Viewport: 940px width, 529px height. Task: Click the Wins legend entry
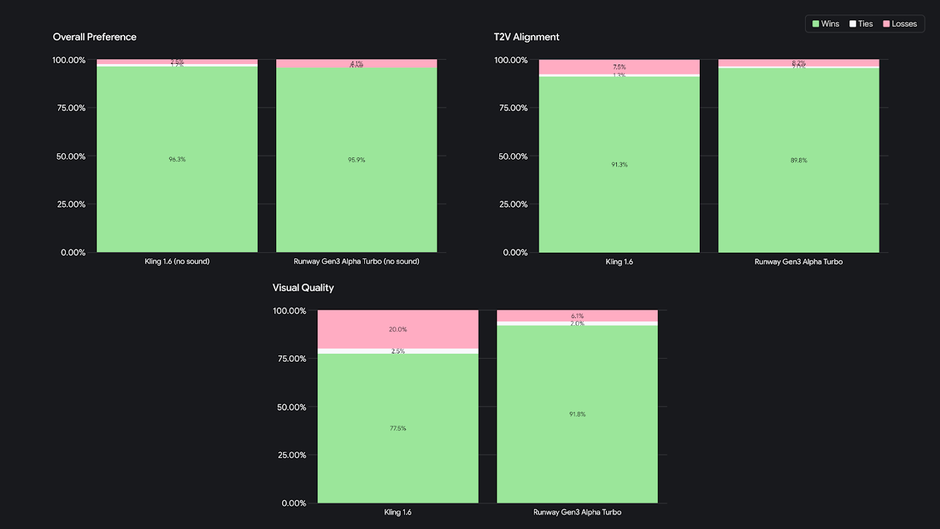click(826, 24)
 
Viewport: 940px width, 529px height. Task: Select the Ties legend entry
click(861, 24)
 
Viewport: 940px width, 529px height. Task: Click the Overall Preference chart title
click(95, 37)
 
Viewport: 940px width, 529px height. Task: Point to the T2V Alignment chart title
click(526, 37)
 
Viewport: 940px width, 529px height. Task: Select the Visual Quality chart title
click(303, 288)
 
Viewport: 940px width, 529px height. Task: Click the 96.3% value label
click(177, 159)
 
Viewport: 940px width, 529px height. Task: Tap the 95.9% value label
click(356, 160)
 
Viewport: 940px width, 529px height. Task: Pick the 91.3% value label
click(619, 165)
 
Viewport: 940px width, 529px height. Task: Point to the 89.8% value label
click(798, 161)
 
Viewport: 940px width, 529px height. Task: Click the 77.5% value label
click(398, 428)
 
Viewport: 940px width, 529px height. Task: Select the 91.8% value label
click(577, 414)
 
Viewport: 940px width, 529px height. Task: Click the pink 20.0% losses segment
click(398, 330)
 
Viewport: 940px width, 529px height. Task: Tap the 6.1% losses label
click(577, 316)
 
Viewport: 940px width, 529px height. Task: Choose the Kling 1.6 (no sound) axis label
click(177, 262)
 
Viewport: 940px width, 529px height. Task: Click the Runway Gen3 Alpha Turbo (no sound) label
click(356, 262)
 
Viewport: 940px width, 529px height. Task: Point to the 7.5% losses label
click(619, 67)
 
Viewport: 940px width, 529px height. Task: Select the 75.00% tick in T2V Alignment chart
click(510, 108)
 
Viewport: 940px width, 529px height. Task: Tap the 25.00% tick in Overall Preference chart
click(69, 204)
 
